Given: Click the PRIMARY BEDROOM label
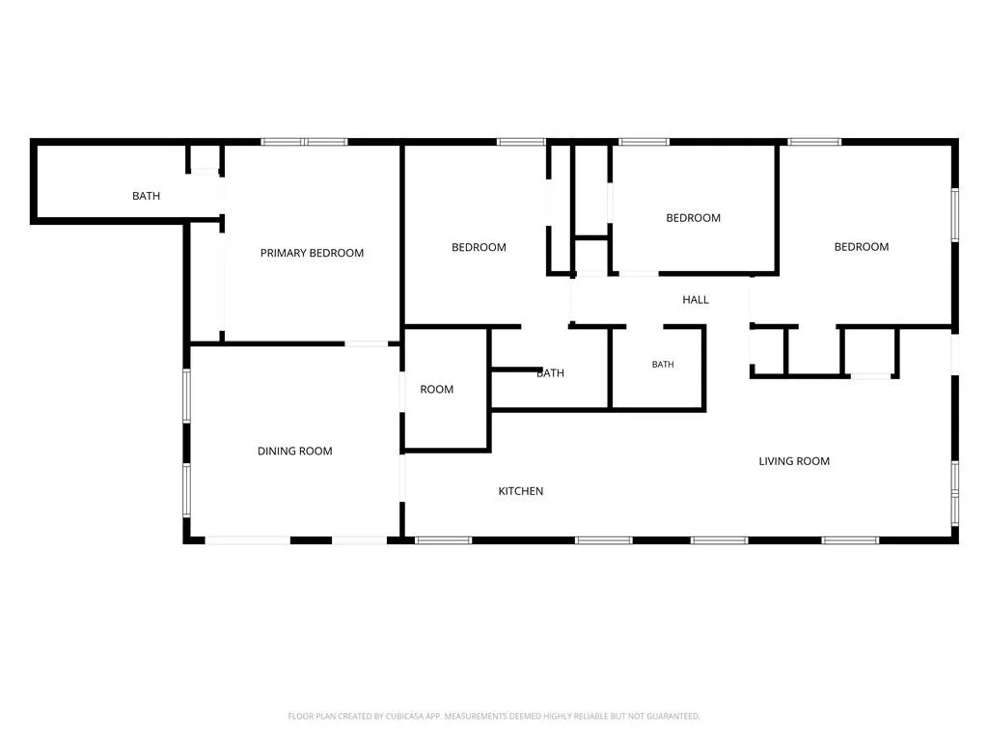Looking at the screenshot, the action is [x=312, y=254].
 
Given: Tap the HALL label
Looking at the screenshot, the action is [x=696, y=300].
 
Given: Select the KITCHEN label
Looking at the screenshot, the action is [x=520, y=491].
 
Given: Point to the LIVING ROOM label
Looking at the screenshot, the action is [x=794, y=461].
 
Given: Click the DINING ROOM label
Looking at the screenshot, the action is [x=295, y=452].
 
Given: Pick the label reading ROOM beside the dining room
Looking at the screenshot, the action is [x=437, y=390].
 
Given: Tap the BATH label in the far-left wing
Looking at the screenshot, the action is [x=147, y=196].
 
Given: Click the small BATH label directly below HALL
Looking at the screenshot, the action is [x=663, y=364].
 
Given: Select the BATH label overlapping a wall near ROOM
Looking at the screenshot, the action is [x=550, y=373].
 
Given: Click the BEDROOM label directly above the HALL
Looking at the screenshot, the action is [x=693, y=218].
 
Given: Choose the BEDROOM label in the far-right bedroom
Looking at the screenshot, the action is [x=862, y=247].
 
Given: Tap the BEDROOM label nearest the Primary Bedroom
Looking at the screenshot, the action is [x=479, y=248].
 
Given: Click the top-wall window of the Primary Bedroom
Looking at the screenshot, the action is [x=304, y=142].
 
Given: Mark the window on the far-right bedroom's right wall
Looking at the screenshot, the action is [x=954, y=215].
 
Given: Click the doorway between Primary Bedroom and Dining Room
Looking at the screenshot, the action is [x=366, y=344].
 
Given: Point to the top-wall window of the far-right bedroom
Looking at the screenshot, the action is [x=814, y=142].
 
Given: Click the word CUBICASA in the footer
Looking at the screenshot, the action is [x=404, y=717].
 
